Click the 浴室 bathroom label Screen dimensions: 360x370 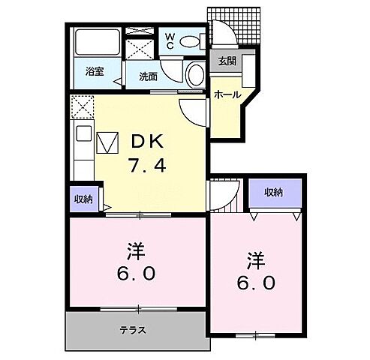[94, 73]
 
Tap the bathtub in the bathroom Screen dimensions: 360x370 [95, 43]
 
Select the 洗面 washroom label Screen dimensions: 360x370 [146, 75]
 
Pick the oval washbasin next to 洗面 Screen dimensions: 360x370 [194, 74]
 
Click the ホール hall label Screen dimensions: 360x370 [227, 94]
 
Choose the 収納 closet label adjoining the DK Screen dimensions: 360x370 [83, 199]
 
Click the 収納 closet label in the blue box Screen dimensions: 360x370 [274, 193]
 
